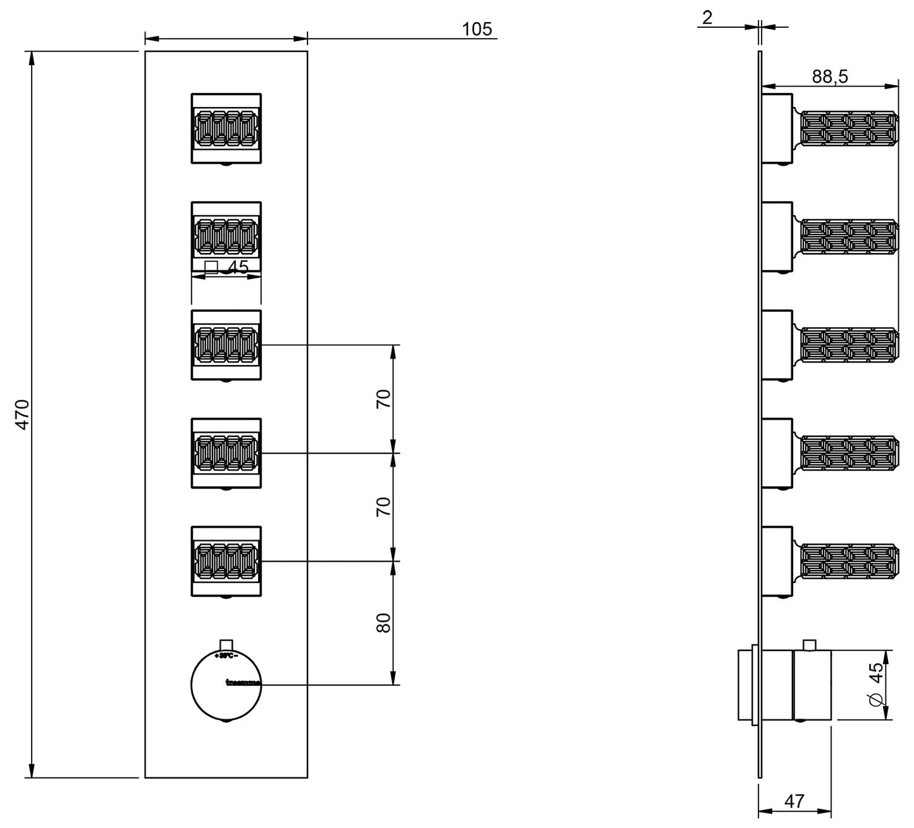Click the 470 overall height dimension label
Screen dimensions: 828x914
point(23,414)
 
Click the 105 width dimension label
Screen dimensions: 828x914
point(477,29)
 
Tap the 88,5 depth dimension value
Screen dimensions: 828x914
point(830,77)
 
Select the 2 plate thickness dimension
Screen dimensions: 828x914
point(707,17)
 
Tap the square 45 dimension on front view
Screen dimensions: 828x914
point(228,268)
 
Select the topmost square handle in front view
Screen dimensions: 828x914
point(226,129)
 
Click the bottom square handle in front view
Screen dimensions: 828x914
point(226,561)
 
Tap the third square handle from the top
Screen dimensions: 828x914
point(226,345)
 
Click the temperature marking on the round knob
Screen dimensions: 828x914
point(226,656)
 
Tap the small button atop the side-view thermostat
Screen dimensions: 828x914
point(808,645)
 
